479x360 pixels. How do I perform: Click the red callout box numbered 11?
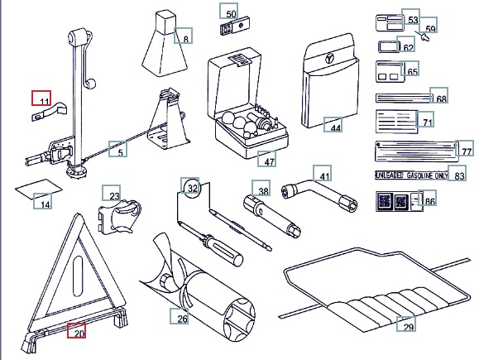pyautogui.click(x=41, y=98)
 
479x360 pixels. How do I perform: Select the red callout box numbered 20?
pyautogui.click(x=76, y=331)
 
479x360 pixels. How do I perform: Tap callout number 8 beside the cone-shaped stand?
pyautogui.click(x=184, y=36)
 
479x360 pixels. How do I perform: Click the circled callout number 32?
pyautogui.click(x=192, y=187)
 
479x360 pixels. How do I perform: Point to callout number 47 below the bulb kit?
pyautogui.click(x=266, y=159)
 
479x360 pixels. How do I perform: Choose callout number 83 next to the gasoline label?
pyautogui.click(x=457, y=173)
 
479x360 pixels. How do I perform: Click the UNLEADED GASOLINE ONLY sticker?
pyautogui.click(x=411, y=175)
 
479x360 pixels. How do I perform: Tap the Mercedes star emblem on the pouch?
pyautogui.click(x=330, y=58)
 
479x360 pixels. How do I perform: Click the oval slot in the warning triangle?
pyautogui.click(x=78, y=276)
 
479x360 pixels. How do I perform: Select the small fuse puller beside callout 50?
pyautogui.click(x=234, y=26)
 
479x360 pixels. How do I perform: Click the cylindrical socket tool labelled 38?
pyautogui.click(x=272, y=216)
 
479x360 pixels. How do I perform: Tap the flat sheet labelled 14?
pyautogui.click(x=39, y=189)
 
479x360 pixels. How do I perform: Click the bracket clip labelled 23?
pyautogui.click(x=120, y=216)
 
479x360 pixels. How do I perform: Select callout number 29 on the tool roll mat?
pyautogui.click(x=406, y=324)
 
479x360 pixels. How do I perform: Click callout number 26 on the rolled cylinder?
pyautogui.click(x=180, y=316)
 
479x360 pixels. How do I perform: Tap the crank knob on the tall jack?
pyautogui.click(x=90, y=84)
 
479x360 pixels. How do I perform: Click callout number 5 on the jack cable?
pyautogui.click(x=118, y=149)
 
